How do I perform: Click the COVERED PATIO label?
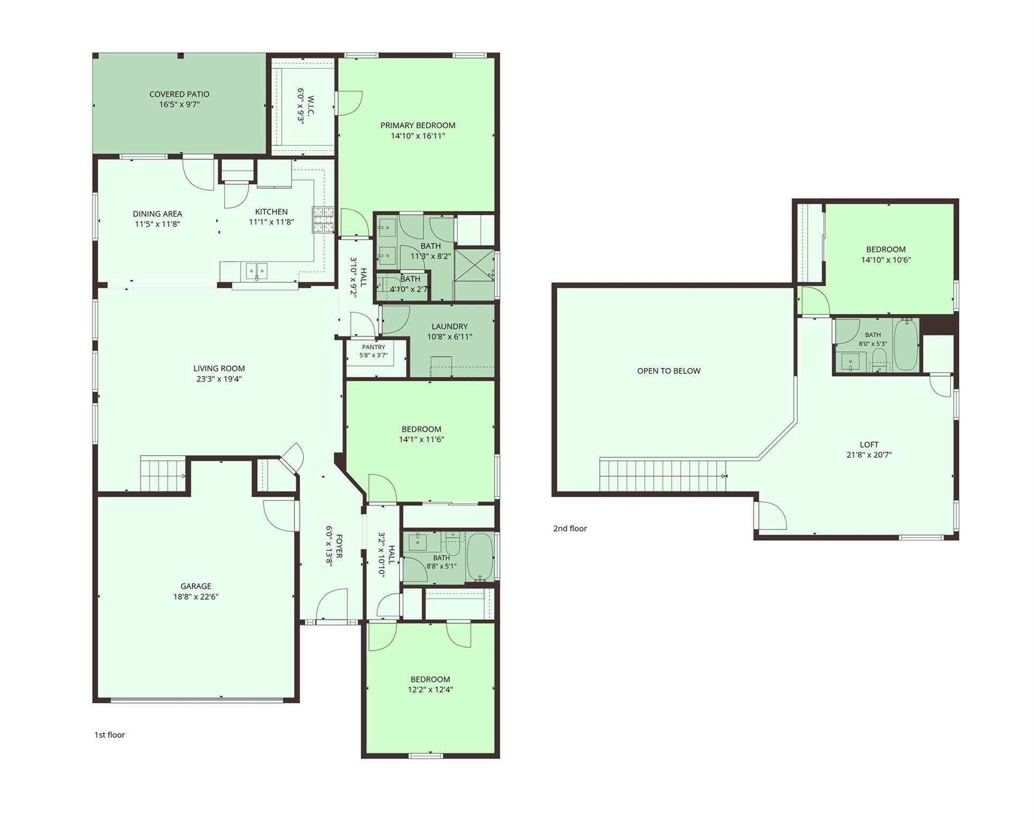(x=180, y=94)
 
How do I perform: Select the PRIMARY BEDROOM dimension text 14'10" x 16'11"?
(x=418, y=136)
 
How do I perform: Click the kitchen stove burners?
(x=323, y=220)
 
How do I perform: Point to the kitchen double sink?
(x=257, y=271)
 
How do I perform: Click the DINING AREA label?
(x=158, y=214)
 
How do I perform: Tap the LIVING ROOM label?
(x=219, y=369)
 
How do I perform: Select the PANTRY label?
(x=374, y=347)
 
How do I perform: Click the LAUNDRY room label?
(x=450, y=326)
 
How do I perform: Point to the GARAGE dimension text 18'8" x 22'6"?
(x=196, y=597)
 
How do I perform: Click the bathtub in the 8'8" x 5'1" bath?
(x=480, y=557)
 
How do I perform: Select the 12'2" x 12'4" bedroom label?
(x=430, y=679)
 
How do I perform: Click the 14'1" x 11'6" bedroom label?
(x=421, y=429)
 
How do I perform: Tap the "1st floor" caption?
(x=109, y=735)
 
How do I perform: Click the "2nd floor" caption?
(x=570, y=529)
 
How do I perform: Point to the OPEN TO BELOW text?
(x=669, y=371)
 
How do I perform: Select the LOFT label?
(x=869, y=445)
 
